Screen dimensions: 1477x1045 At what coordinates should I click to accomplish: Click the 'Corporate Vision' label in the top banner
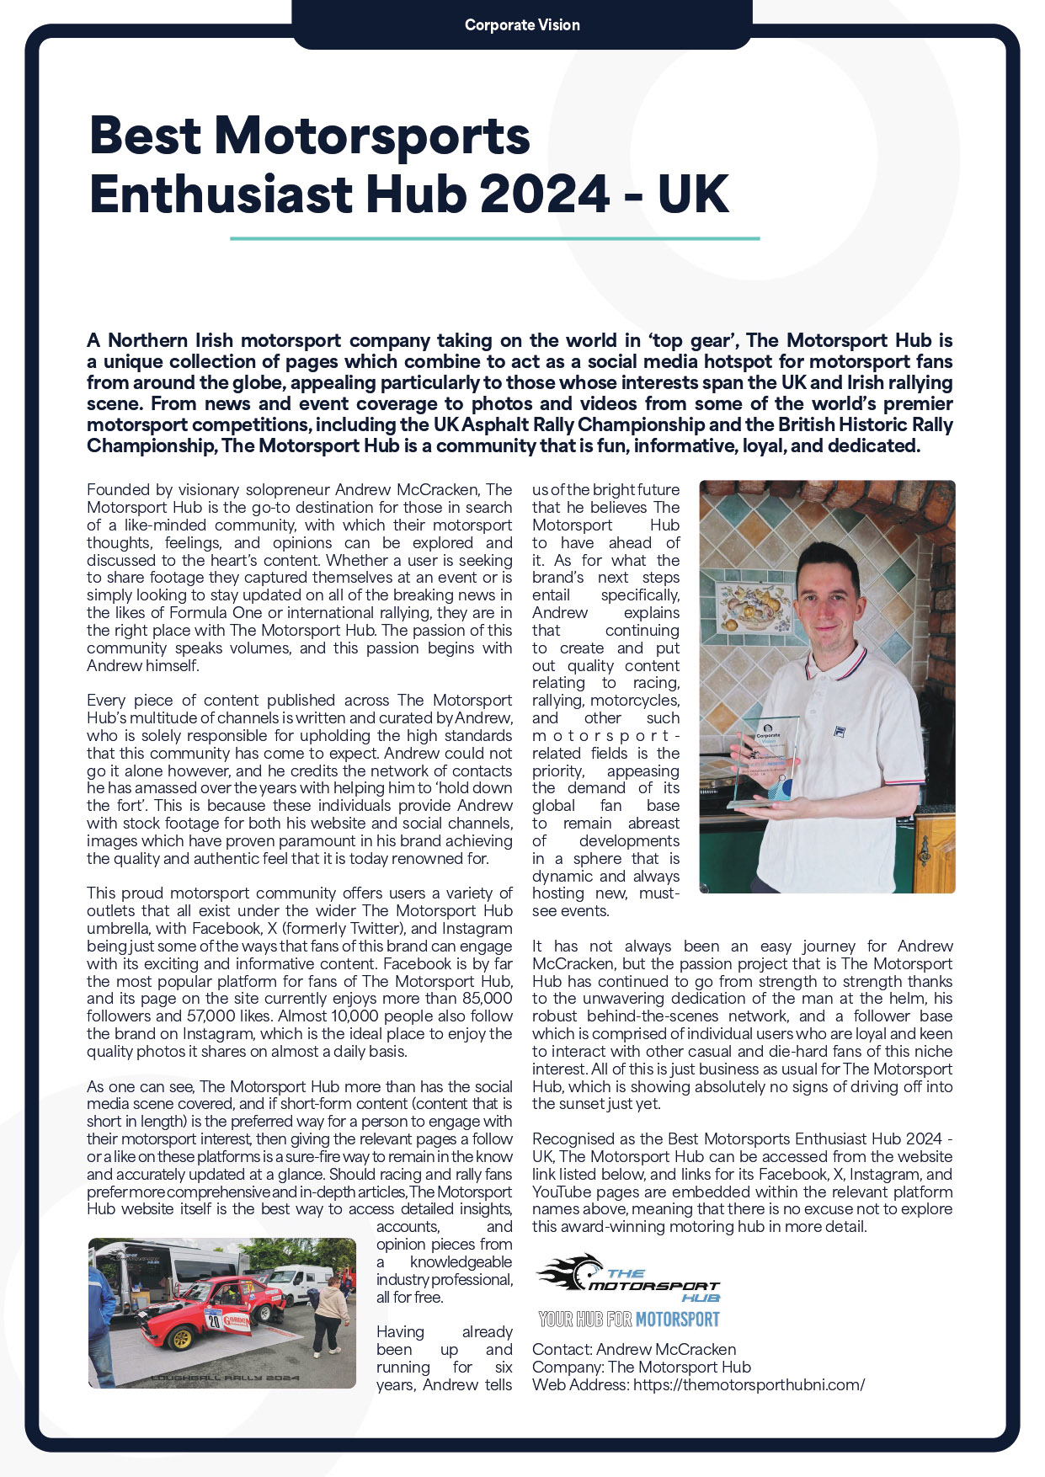522,25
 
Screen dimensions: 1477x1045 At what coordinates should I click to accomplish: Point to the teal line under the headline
495,238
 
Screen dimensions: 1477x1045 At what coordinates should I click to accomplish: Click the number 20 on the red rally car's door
214,1320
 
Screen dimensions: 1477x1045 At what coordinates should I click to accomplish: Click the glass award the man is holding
767,763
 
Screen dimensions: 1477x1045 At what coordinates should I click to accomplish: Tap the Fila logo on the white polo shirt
839,730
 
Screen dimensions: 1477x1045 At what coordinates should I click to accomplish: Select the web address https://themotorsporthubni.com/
749,1385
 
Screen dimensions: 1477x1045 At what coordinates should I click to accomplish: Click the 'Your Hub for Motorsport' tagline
629,1319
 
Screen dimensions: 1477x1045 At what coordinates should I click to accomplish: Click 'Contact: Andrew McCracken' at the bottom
634,1350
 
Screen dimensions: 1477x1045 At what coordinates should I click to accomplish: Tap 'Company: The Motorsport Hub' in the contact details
642,1368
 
